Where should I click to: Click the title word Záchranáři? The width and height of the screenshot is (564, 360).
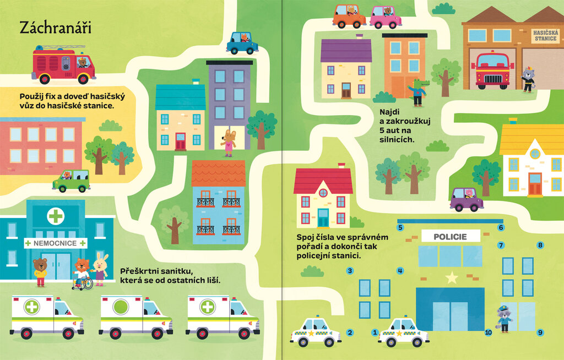click(x=56, y=28)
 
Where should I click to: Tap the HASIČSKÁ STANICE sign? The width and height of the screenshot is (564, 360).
click(x=546, y=36)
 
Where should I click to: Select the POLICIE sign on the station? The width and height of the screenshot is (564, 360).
click(x=451, y=237)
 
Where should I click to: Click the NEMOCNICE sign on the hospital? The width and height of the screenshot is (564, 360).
click(x=55, y=243)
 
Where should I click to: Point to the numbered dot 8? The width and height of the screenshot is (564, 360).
click(x=540, y=246)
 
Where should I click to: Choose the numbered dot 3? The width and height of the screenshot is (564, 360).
click(x=350, y=271)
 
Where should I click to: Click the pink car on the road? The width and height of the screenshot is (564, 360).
click(x=386, y=17)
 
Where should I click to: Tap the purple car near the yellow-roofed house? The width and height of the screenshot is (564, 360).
click(x=466, y=199)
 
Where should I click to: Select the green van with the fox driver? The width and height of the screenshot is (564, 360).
click(x=71, y=181)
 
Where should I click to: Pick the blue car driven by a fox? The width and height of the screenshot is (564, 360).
click(x=242, y=43)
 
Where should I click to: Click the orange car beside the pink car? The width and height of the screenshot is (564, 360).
click(x=349, y=16)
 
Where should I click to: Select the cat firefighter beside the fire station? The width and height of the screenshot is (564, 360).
click(x=528, y=79)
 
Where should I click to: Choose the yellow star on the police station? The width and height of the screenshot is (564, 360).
click(x=452, y=277)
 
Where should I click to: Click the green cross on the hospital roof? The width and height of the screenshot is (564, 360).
click(x=56, y=216)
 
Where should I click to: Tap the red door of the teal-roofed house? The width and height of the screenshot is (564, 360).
click(x=181, y=141)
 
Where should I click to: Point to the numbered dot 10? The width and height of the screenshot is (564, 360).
click(x=488, y=332)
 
